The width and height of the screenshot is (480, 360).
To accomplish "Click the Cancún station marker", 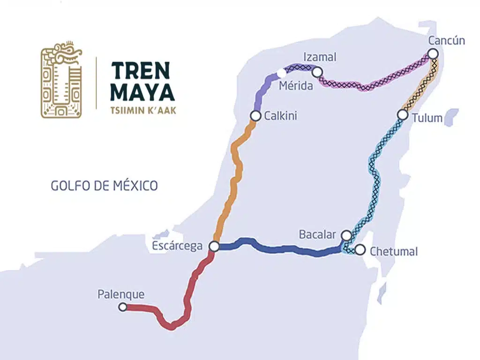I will (x=433, y=53).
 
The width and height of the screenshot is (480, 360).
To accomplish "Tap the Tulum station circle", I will (x=402, y=114).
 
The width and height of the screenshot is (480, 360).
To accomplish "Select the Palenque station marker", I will (x=123, y=307).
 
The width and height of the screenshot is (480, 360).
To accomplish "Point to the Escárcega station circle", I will (x=214, y=246).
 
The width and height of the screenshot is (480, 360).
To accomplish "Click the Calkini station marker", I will (x=255, y=115).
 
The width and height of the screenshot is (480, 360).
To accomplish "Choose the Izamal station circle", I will (x=317, y=72).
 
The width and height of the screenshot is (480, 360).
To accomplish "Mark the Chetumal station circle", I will (x=360, y=249).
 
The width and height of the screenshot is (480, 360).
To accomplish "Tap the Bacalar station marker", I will (x=346, y=235).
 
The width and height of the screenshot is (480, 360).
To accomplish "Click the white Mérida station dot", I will (x=281, y=73).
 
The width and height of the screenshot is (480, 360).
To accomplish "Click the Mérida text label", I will (x=297, y=86).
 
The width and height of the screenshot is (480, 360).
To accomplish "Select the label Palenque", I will (x=121, y=294).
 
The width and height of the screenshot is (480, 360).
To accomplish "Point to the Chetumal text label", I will (x=394, y=251).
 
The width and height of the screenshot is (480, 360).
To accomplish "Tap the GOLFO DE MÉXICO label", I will (x=104, y=186).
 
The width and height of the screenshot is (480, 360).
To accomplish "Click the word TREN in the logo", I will (x=140, y=70).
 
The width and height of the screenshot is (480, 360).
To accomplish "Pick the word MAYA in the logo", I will (x=142, y=93).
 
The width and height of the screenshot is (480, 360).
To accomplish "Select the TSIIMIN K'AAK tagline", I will (x=143, y=111).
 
